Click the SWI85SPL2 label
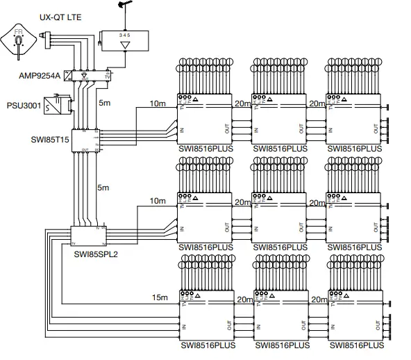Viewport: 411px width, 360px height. coord(96,254)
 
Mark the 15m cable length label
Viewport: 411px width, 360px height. coord(160,297)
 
